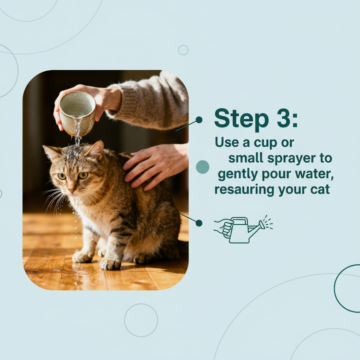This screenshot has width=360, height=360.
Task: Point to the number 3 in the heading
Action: pyautogui.click(x=282, y=118)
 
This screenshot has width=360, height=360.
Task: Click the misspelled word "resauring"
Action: pyautogui.click(x=245, y=190)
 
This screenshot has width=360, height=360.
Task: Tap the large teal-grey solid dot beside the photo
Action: pyautogui.click(x=202, y=167)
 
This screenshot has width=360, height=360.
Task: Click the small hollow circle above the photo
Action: pyautogui.click(x=183, y=50)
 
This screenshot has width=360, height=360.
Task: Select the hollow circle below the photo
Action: pyautogui.click(x=141, y=320)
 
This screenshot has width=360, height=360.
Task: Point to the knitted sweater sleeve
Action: pyautogui.click(x=155, y=102)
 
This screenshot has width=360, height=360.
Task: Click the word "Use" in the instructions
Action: pyautogui.click(x=225, y=142)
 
